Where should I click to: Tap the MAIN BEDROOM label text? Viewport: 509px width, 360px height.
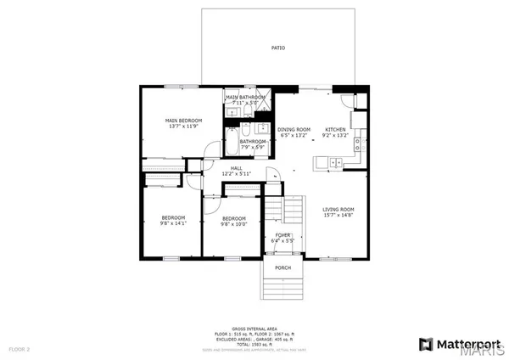(183, 121)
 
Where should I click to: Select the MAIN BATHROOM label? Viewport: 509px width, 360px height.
(245, 98)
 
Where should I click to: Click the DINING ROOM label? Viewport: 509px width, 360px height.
(294, 129)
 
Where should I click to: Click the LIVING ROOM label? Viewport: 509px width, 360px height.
(338, 209)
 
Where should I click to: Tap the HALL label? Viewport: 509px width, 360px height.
(238, 168)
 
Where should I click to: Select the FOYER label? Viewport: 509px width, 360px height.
(282, 234)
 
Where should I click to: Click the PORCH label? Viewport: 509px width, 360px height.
(282, 267)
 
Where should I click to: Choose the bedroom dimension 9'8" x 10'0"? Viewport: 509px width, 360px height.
(233, 224)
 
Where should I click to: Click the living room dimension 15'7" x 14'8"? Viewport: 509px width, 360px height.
(338, 216)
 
